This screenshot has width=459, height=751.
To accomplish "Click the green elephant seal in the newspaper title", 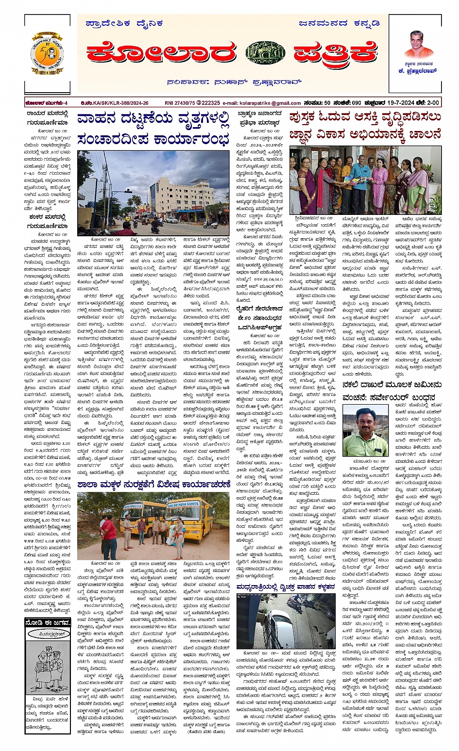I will pos(265,53).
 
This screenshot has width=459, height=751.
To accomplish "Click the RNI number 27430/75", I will pos(180,103).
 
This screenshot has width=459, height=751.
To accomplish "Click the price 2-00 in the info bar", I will pos(432,103).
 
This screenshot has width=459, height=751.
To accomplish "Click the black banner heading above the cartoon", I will pos(48,622).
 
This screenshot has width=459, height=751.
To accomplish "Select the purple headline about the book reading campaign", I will pos(365,126).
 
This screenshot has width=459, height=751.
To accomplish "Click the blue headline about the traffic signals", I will pos(153,128).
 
